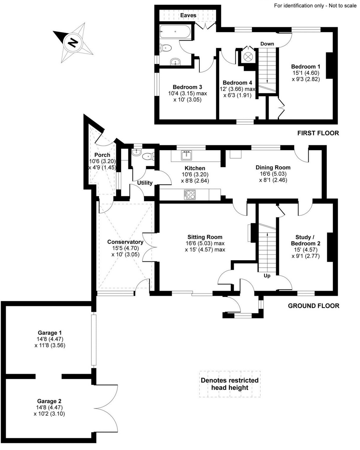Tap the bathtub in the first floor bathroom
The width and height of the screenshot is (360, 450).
(175, 32)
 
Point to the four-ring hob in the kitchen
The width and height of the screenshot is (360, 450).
(190, 194)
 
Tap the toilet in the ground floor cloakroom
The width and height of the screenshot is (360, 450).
(148, 156)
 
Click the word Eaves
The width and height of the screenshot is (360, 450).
(188, 15)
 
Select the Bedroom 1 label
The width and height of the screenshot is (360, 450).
(305, 66)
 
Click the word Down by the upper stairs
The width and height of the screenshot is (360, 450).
(267, 44)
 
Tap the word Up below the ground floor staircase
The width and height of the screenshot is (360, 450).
(267, 276)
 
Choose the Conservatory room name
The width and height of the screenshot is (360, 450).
(125, 242)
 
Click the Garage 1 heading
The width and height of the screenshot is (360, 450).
(50, 332)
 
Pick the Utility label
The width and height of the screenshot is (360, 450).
(145, 183)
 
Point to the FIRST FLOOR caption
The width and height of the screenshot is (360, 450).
(318, 133)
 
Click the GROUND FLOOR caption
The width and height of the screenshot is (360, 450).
(313, 306)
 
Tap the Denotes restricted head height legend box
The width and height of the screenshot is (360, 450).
(230, 384)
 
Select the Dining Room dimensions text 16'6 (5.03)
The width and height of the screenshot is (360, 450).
(273, 174)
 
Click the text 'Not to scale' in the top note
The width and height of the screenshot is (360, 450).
(342, 6)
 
